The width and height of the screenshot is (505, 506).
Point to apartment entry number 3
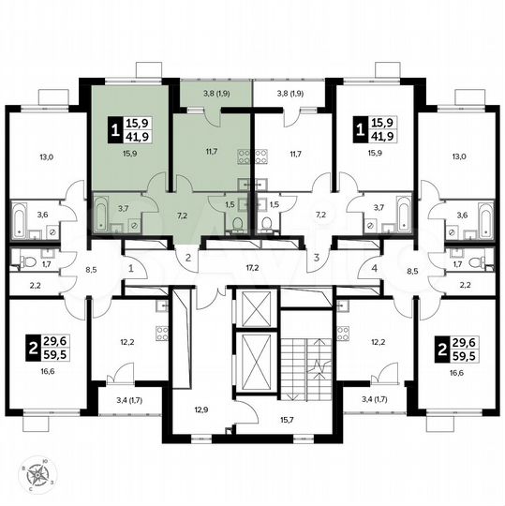tap(317, 257)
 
